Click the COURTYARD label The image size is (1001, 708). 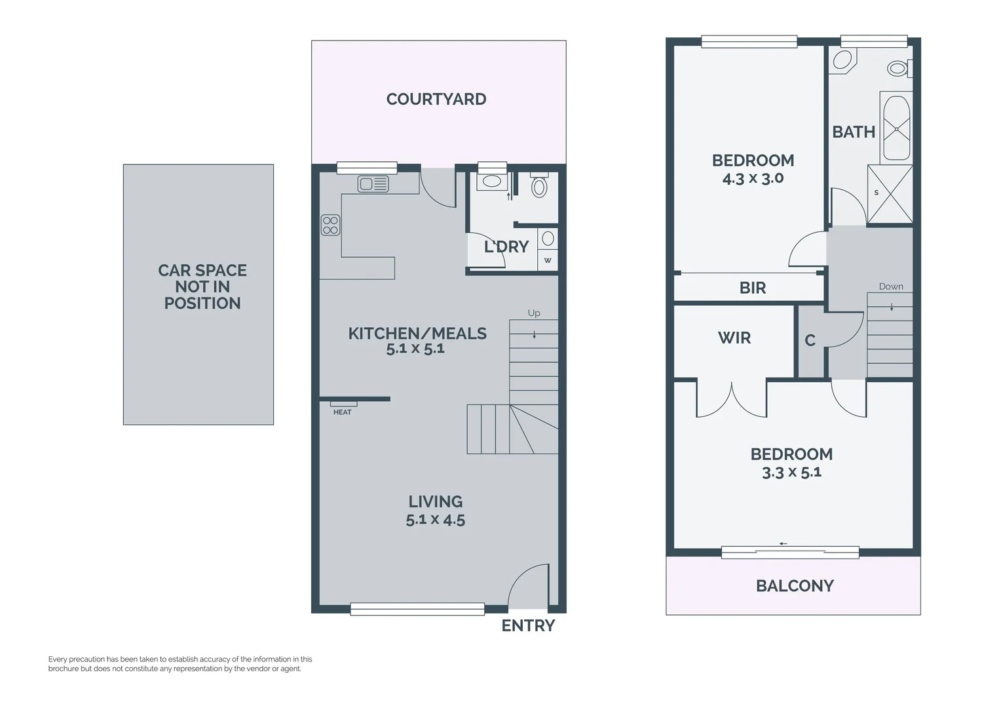click(436, 99)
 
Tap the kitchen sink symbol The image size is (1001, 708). click(373, 184)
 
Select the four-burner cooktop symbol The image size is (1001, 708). click(330, 226)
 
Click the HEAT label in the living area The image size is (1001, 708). click(342, 412)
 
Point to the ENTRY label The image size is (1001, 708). click(528, 626)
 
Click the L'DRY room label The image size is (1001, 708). click(506, 247)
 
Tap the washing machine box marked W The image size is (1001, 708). click(548, 260)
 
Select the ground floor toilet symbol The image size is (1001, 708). click(538, 187)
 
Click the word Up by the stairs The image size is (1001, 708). click(534, 313)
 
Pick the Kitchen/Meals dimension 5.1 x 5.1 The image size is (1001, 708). click(415, 349)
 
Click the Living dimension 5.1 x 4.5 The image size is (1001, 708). click(435, 520)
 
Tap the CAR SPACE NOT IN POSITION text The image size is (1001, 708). click(202, 286)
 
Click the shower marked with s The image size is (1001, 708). click(890, 194)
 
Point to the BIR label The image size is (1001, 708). click(752, 288)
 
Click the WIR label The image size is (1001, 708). click(734, 338)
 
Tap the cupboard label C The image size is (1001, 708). click(810, 340)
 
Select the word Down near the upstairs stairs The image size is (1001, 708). click(891, 286)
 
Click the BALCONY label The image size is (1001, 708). click(794, 586)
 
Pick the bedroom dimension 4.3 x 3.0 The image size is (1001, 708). click(753, 178)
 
